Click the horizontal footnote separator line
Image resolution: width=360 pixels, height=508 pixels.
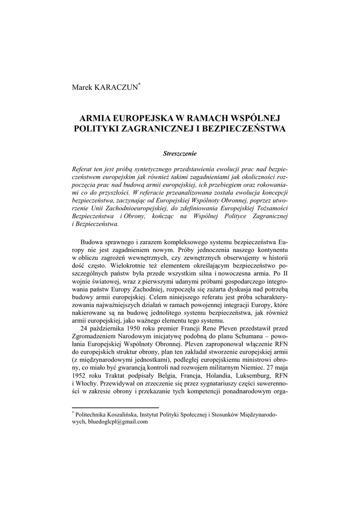click(x=101, y=407)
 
